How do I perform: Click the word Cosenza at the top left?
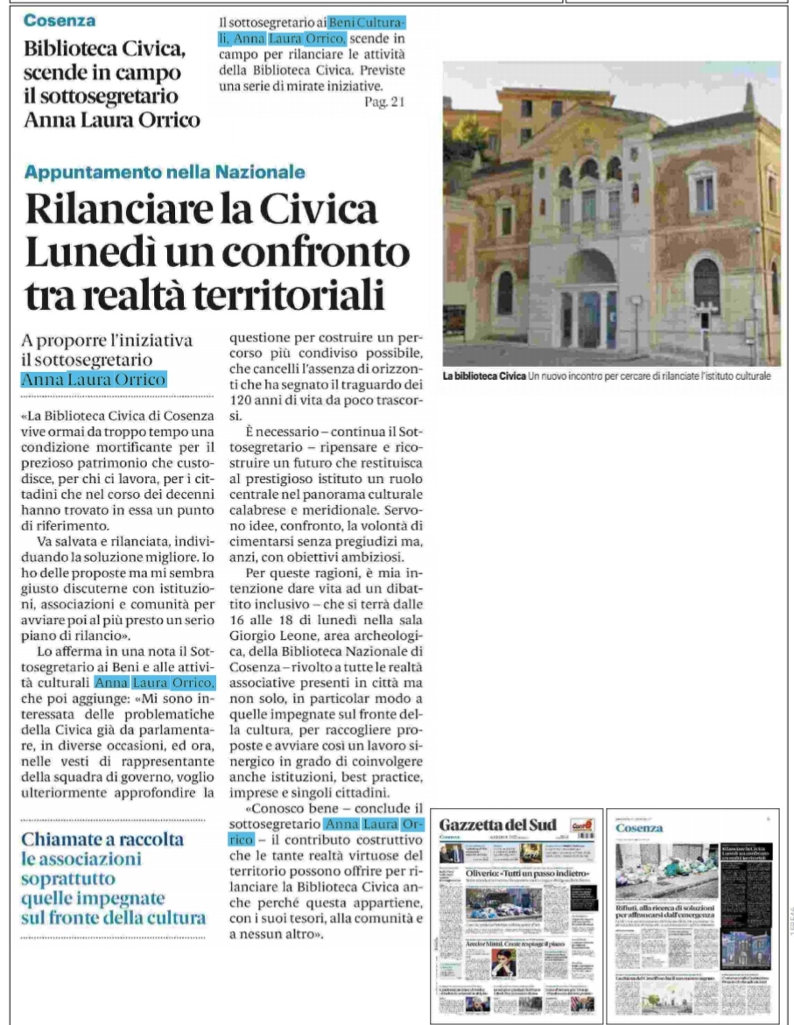click(x=60, y=19)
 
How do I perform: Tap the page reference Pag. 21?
click(x=386, y=102)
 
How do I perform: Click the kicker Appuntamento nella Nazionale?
click(x=164, y=172)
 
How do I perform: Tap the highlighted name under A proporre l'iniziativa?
click(x=94, y=379)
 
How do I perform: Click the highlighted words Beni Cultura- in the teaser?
click(x=368, y=20)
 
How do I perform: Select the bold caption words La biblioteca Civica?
click(x=483, y=376)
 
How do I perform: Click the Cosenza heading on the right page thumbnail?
click(x=639, y=828)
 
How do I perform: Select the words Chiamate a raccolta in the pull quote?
click(x=103, y=839)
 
